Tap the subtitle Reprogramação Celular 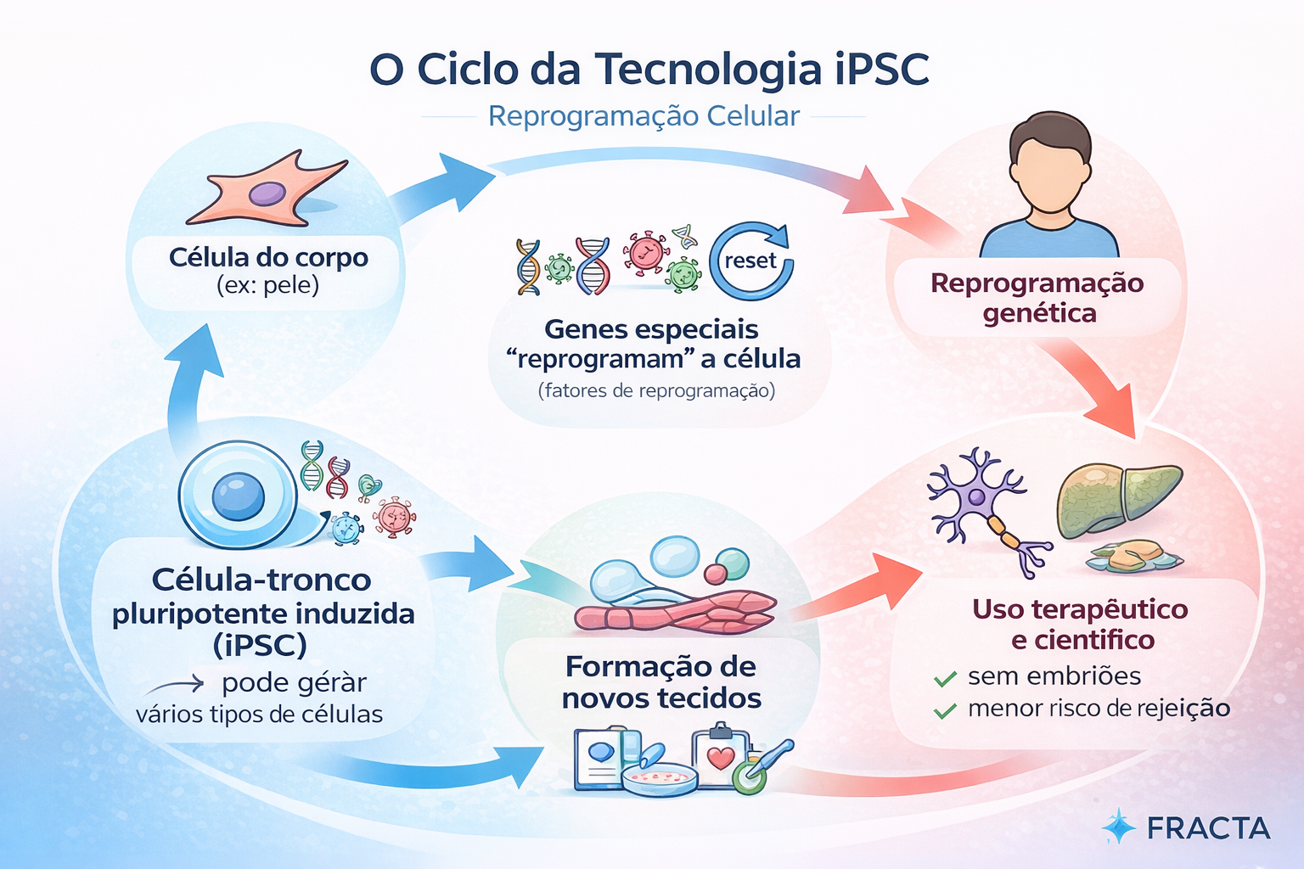[644, 115]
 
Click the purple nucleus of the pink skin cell [267, 193]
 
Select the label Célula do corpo [268, 257]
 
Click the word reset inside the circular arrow [750, 261]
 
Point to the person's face [1049, 175]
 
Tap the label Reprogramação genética [1037, 298]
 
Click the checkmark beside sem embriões [945, 678]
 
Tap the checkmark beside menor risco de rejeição [945, 710]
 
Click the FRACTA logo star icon [1118, 826]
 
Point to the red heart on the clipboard [721, 758]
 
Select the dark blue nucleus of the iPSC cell [238, 496]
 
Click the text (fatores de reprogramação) [656, 390]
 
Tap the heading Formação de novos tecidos [661, 681]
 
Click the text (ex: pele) [267, 286]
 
